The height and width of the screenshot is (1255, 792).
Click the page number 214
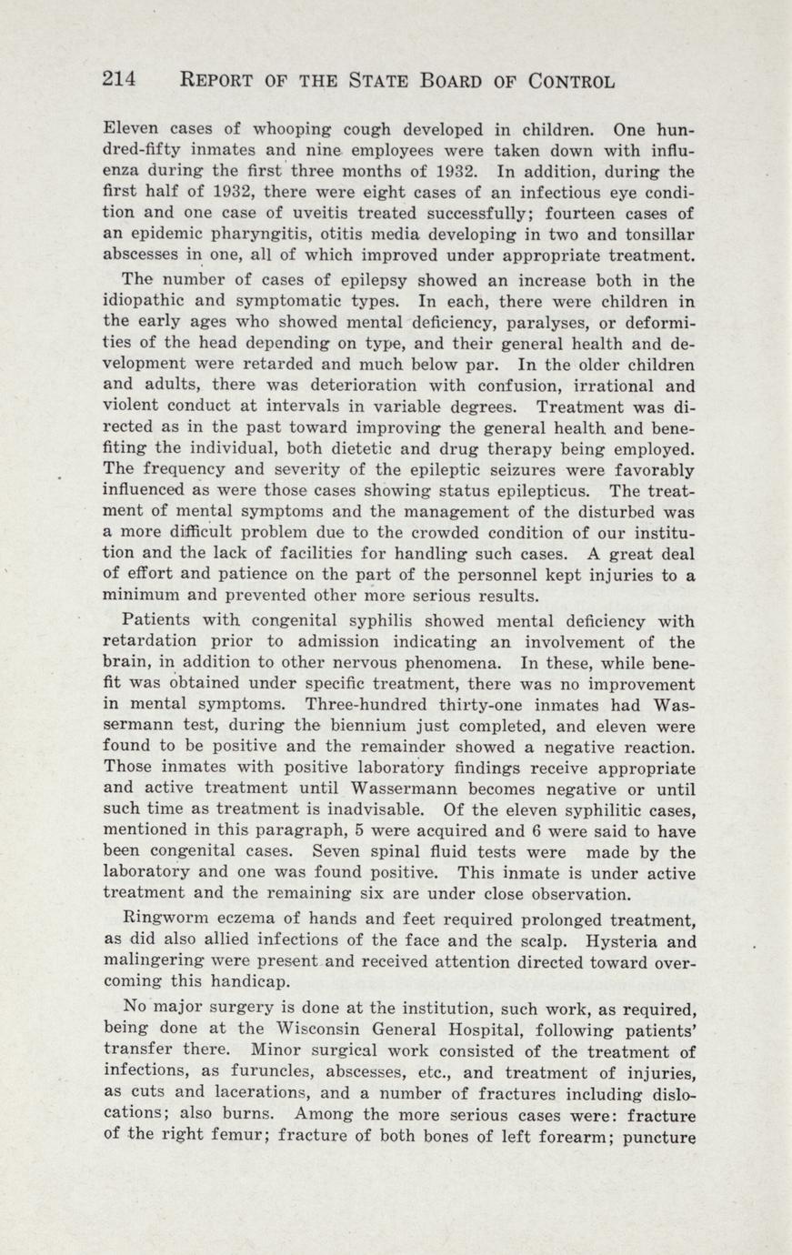(118, 79)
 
